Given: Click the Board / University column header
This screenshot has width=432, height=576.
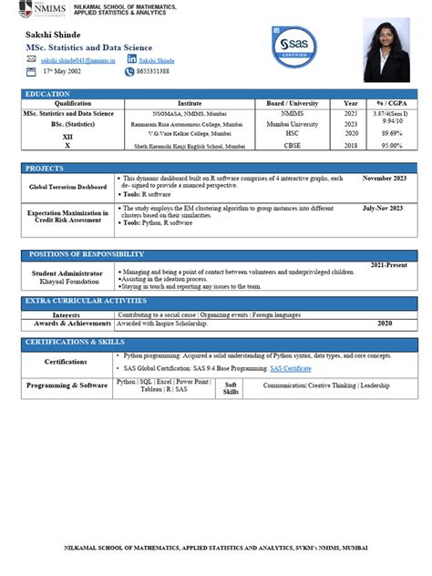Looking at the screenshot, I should (293, 104).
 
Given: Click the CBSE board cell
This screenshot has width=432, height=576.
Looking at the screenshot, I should (293, 145).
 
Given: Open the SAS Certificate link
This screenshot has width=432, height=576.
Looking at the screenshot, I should (291, 368).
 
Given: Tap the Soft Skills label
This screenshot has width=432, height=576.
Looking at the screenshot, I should (231, 387).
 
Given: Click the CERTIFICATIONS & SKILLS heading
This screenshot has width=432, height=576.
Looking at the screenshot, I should (74, 342).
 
